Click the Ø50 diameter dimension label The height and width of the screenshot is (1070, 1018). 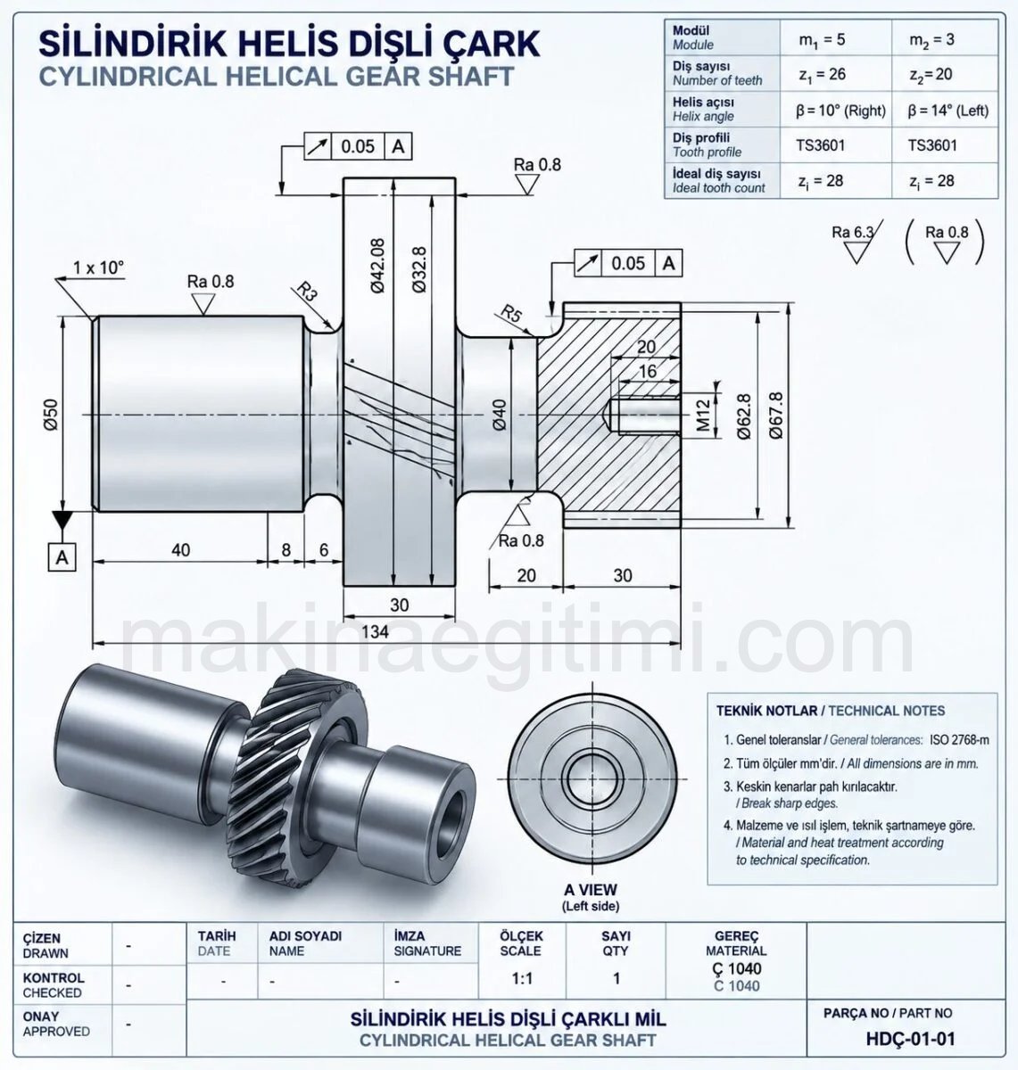(x=51, y=415)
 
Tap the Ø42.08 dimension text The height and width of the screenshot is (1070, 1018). (x=377, y=266)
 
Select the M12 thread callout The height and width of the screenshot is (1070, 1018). (x=704, y=416)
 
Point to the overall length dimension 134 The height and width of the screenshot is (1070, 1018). (x=375, y=631)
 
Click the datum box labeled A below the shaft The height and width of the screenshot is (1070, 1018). (x=62, y=557)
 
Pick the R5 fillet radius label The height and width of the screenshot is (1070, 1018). (x=510, y=314)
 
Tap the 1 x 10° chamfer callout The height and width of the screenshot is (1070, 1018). (x=98, y=267)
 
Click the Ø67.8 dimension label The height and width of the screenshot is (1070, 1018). (x=776, y=416)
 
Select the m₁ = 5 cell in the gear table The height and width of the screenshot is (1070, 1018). (x=822, y=40)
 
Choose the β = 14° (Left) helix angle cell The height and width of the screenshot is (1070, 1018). (x=948, y=111)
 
